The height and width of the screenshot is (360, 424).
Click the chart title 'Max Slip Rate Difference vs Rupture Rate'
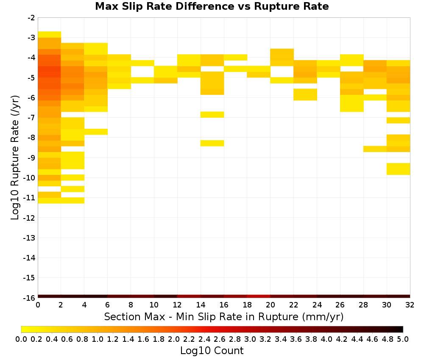click(x=212, y=6)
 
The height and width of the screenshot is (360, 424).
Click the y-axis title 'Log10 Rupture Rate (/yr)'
click(x=15, y=158)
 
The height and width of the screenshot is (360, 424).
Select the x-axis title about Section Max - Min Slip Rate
click(x=223, y=316)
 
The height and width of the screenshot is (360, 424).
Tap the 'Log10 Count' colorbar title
click(x=212, y=351)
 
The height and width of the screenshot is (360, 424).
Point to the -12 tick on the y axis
click(x=29, y=218)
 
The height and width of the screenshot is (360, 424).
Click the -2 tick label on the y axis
click(x=31, y=18)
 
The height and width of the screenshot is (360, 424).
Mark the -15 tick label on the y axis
click(x=29, y=278)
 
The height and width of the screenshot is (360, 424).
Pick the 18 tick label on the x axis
click(x=247, y=305)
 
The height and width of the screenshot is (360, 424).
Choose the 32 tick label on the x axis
click(x=410, y=305)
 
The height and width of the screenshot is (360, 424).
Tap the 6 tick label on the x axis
click(x=107, y=305)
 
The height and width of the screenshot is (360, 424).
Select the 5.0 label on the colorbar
click(x=403, y=339)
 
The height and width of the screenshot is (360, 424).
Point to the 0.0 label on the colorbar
click(x=21, y=339)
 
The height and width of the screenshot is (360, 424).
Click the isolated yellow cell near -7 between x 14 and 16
click(x=212, y=114)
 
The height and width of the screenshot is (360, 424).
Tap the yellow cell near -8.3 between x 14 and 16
click(x=212, y=143)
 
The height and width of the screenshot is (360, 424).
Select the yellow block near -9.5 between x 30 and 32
click(x=398, y=169)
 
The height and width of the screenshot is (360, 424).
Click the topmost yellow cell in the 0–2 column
click(x=50, y=35)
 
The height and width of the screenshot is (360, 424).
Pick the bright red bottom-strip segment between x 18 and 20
click(x=259, y=296)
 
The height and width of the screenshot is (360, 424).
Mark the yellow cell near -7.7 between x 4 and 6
click(x=96, y=132)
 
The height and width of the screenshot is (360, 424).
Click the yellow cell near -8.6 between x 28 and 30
click(x=375, y=149)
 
